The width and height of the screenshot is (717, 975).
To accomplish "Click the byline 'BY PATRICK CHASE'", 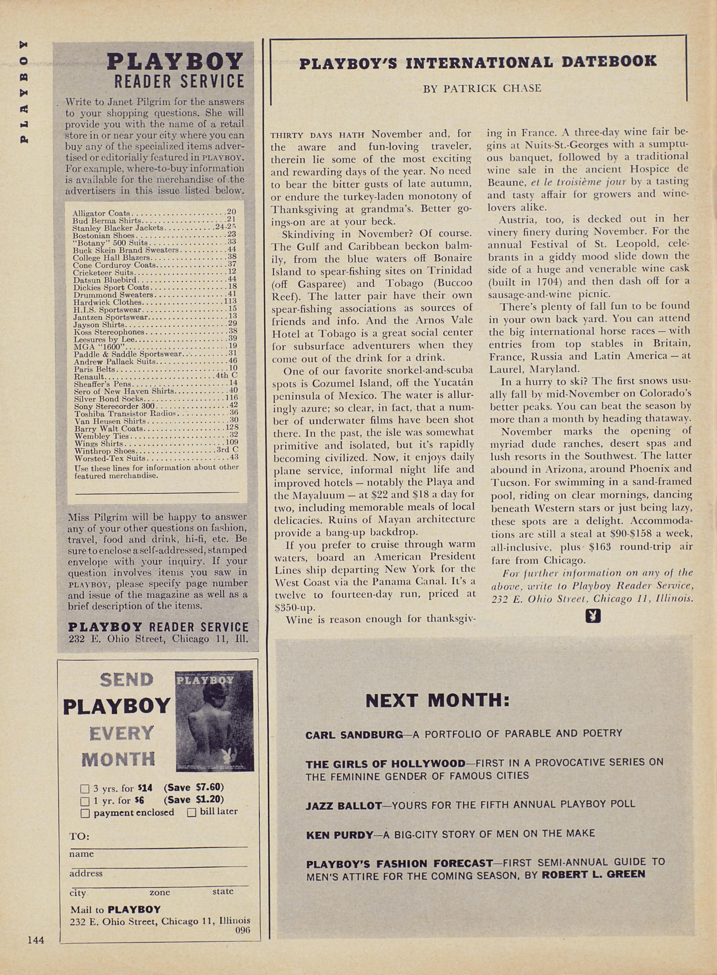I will pos(482,88).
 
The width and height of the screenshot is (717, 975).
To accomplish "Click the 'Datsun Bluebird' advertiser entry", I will pos(105,280).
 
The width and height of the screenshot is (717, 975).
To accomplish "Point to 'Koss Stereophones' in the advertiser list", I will pos(109,332).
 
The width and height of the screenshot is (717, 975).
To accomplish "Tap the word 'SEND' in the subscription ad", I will pos(126,680).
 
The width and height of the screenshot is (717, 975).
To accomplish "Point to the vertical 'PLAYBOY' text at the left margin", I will pos(24,92).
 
